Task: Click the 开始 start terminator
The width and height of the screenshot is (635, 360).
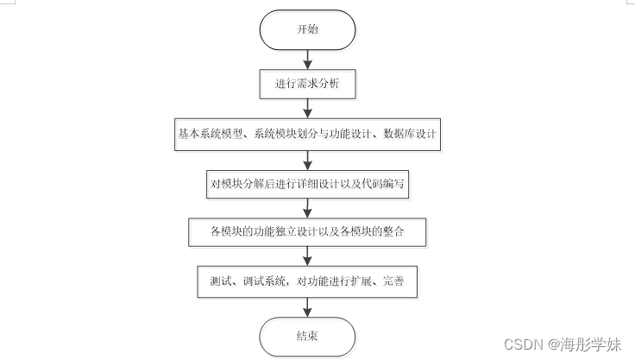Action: pyautogui.click(x=307, y=29)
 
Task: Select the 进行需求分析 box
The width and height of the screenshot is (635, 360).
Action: pyautogui.click(x=307, y=85)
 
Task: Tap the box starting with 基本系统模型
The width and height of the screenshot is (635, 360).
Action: pyautogui.click(x=307, y=134)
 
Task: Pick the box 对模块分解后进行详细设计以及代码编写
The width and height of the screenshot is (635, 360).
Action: pyautogui.click(x=307, y=183)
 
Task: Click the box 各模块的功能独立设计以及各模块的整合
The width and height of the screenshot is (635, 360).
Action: pyautogui.click(x=307, y=232)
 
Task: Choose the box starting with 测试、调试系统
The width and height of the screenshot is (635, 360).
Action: pyautogui.click(x=307, y=282)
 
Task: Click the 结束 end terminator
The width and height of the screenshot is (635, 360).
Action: pyautogui.click(x=307, y=336)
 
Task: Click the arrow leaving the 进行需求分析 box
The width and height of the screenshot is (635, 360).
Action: pyautogui.click(x=307, y=109)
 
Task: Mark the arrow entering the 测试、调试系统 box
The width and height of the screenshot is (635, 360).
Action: pyautogui.click(x=307, y=257)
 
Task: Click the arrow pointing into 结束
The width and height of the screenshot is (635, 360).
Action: pyautogui.click(x=307, y=307)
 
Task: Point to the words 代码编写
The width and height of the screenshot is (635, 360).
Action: pyautogui.click(x=381, y=183)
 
